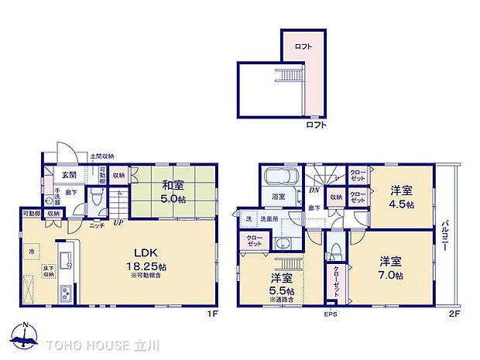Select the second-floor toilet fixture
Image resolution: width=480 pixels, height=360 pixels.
tap(334, 251)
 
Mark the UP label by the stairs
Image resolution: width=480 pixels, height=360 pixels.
tap(118, 223)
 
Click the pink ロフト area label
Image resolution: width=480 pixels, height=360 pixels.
tap(303, 47)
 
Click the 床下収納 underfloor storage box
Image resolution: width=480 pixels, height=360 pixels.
tap(48, 271)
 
